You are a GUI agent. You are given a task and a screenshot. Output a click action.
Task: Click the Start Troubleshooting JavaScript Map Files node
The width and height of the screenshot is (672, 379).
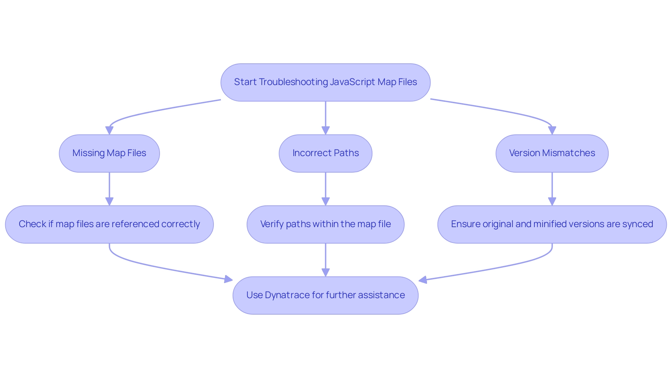coord(325,83)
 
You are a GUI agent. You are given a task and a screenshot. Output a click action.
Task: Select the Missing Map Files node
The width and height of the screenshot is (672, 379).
coord(109,153)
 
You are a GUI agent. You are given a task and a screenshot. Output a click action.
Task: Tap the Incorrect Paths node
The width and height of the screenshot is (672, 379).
coord(325,153)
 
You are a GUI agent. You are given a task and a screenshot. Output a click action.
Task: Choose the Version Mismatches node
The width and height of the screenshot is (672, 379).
coord(552,153)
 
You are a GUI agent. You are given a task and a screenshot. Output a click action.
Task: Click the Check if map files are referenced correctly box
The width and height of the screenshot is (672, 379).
coord(109,224)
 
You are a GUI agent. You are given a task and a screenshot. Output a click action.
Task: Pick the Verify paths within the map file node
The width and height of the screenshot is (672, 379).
coord(325,224)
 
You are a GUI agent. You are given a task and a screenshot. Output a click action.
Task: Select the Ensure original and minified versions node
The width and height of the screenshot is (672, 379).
coord(552,224)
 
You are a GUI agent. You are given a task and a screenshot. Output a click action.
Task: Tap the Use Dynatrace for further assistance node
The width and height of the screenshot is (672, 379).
coord(325,295)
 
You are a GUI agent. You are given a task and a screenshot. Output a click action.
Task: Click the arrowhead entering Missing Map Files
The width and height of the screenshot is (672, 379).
coord(109,130)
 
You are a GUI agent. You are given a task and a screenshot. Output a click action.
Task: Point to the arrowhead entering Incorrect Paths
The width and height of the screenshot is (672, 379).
coord(325,130)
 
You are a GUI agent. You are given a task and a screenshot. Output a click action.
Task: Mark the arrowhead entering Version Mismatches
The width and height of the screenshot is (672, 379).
coord(552,130)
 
